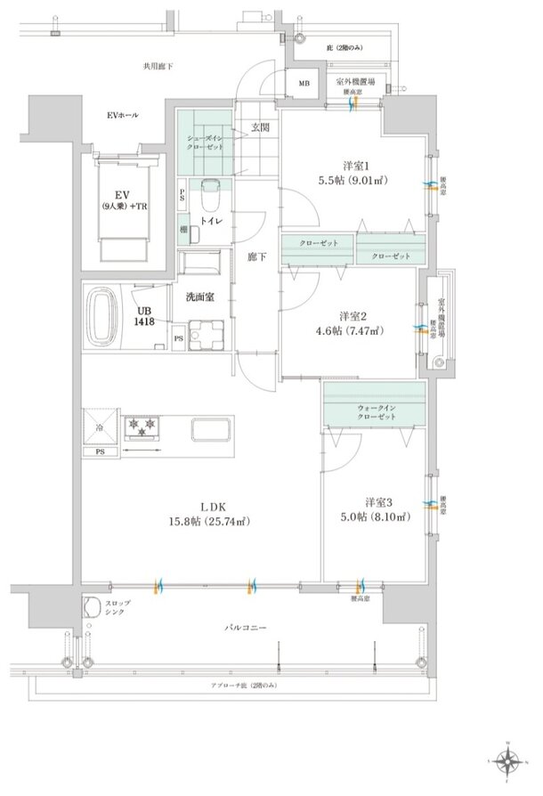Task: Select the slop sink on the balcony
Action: click(93, 607)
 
